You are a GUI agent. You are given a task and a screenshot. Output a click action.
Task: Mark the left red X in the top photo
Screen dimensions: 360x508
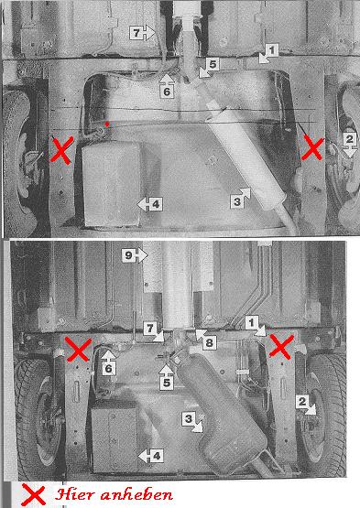[x=61, y=150]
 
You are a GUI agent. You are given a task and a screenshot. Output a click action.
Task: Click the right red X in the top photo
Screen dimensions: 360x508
[x=312, y=148]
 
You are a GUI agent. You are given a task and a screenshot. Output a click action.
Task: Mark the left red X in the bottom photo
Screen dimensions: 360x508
[x=78, y=349]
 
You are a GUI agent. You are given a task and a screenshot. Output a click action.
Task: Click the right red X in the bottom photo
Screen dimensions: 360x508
[x=281, y=347]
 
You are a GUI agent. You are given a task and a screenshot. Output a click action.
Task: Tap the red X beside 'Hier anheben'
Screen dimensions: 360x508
[x=33, y=494]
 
